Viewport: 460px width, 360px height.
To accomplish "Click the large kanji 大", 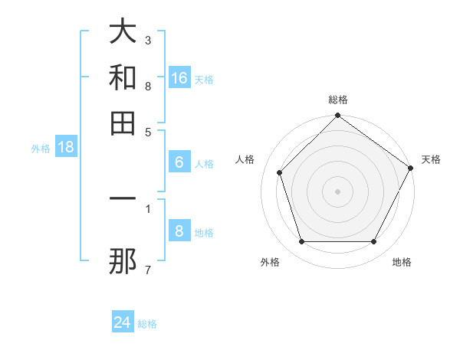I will (x=123, y=33).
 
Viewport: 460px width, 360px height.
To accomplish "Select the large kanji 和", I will (x=123, y=78).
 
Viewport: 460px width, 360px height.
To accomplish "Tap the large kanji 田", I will (x=123, y=123).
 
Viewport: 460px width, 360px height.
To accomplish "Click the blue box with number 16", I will (x=179, y=78).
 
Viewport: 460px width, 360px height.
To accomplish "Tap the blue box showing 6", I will (x=179, y=162).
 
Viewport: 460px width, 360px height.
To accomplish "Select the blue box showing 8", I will (x=179, y=231).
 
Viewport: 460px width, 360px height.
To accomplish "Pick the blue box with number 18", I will (x=66, y=147).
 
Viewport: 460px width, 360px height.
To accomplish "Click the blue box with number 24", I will (x=123, y=322).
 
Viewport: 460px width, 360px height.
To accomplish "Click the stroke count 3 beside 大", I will (x=147, y=39).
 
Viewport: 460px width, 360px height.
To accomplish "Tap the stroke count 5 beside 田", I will (x=147, y=131).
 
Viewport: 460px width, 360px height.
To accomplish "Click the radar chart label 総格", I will (x=337, y=100).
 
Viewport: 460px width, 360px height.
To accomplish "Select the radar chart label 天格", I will (x=431, y=159).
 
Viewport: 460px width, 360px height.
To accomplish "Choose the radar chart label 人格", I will (x=245, y=159).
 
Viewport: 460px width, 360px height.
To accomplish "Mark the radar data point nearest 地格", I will (x=374, y=241).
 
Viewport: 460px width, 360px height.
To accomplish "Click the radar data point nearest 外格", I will (x=301, y=241).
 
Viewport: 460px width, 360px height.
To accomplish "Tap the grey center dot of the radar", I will (x=337, y=191).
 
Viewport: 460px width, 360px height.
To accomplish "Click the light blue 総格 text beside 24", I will (x=147, y=324).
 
